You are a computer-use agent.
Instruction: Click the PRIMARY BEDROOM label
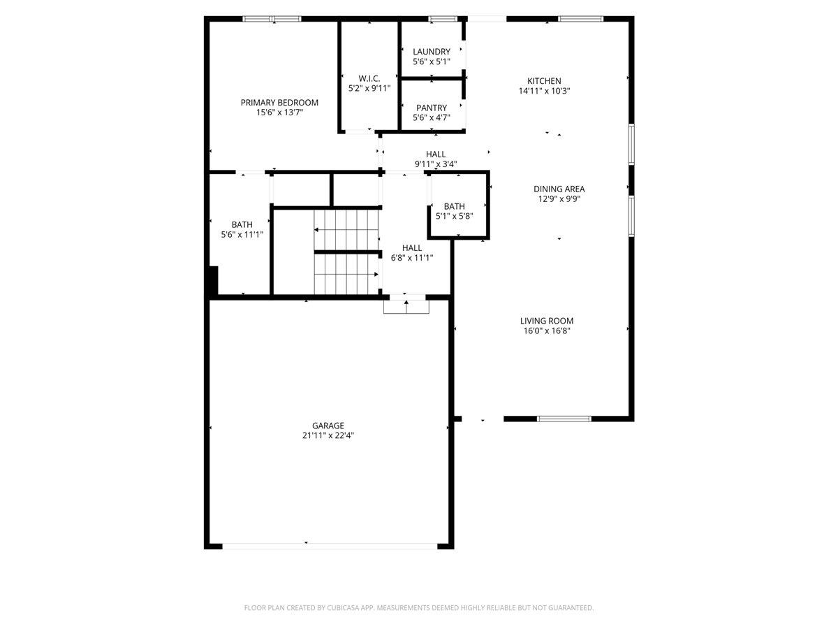[279, 102]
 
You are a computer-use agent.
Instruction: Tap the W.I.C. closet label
[369, 79]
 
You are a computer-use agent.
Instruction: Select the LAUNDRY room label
[432, 52]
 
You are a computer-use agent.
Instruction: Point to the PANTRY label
[432, 108]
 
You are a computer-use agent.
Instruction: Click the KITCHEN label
[544, 81]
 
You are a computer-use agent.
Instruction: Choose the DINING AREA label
[559, 189]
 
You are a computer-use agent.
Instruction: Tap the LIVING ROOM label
[547, 321]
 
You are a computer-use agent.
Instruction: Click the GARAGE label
[328, 426]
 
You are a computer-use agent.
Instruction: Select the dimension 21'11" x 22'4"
[328, 435]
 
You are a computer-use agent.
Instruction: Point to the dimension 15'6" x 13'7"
[279, 113]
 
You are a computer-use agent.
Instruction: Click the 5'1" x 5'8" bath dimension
[455, 216]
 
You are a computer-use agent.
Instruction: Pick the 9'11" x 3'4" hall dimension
[436, 164]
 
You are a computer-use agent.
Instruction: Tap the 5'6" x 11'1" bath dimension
[242, 235]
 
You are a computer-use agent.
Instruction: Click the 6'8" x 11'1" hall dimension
[412, 258]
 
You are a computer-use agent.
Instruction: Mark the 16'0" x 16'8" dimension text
[547, 331]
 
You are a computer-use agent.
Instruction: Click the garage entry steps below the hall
[406, 307]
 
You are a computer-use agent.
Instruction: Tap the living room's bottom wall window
[564, 419]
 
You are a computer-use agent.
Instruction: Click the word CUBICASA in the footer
[343, 607]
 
